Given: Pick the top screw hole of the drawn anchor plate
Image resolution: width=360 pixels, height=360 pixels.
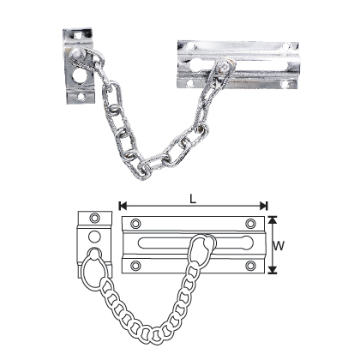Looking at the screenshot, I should point(96,218).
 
